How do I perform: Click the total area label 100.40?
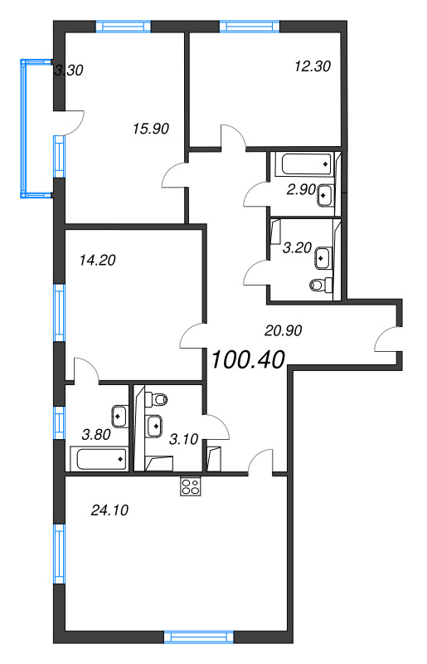(248, 360)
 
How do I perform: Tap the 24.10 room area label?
(109, 510)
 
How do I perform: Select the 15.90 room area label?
(151, 129)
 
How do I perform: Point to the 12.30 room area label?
(313, 66)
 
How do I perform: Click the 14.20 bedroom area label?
(97, 260)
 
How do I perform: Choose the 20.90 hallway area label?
(283, 330)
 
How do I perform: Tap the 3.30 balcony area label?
(69, 70)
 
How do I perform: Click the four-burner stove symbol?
(191, 486)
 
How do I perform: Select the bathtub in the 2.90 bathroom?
(303, 164)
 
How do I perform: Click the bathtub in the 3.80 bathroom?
(101, 459)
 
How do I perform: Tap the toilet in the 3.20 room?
(321, 285)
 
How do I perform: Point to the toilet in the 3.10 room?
(156, 398)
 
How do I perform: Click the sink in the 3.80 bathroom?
(119, 417)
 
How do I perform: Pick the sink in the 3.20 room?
(323, 257)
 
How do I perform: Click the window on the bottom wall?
(198, 637)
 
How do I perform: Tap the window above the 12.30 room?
(250, 27)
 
